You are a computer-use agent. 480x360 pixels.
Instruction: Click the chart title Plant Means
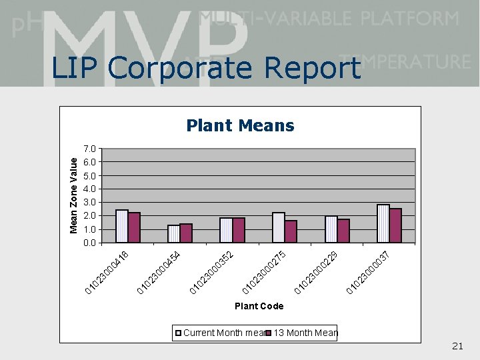240,125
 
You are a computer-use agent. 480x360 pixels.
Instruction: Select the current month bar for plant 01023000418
122,226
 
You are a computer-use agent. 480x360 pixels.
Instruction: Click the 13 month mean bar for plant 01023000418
134,227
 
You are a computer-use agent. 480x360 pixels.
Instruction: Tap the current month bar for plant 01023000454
174,234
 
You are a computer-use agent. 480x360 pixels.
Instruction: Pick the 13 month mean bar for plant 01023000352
239,230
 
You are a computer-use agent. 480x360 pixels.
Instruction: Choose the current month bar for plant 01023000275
279,227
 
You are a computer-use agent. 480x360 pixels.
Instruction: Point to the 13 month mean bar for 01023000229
343,231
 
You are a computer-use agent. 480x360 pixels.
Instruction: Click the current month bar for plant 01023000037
383,223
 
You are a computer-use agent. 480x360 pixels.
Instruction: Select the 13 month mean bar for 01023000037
395,225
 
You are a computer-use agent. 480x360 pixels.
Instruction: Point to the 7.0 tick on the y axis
91,148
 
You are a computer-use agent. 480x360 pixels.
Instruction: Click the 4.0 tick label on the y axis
91,189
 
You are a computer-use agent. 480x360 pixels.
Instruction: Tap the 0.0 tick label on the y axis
91,243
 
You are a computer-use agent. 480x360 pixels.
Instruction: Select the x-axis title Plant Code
259,306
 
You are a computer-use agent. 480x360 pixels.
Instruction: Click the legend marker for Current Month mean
179,333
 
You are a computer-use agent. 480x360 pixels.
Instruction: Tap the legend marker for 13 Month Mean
269,333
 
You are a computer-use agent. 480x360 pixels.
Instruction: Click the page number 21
457,345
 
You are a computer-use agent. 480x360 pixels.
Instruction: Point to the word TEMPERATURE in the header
405,62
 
